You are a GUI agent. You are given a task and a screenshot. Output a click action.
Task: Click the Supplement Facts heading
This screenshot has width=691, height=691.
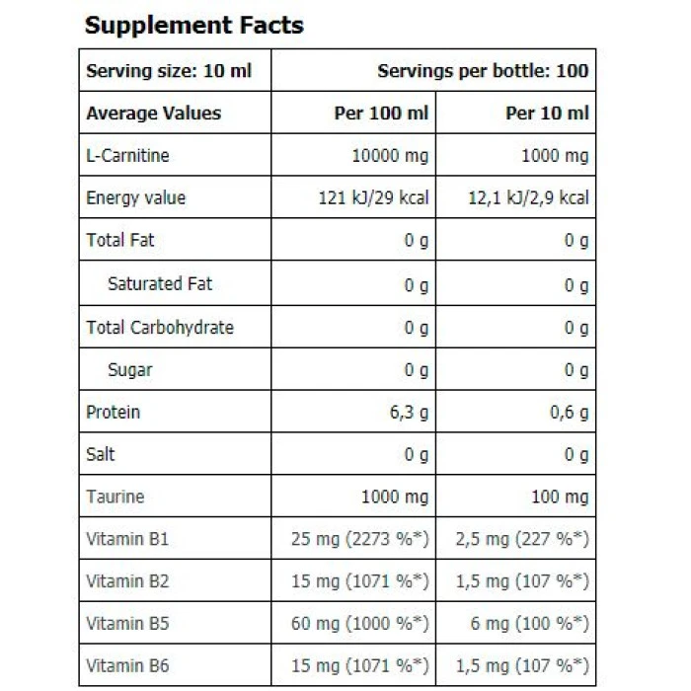[x=193, y=26]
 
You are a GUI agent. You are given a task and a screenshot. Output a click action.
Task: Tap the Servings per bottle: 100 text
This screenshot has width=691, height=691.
[x=483, y=71]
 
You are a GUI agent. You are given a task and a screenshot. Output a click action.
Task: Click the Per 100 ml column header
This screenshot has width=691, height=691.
[x=381, y=114]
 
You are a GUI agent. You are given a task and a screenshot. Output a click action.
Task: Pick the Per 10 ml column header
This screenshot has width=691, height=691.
[x=547, y=114]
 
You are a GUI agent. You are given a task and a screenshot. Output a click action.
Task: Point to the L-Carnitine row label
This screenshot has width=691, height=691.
[x=127, y=156]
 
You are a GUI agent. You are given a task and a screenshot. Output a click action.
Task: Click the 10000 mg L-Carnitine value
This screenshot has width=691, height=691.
[x=390, y=156]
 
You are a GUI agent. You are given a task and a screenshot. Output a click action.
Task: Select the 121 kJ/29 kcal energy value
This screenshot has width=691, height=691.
[x=373, y=197]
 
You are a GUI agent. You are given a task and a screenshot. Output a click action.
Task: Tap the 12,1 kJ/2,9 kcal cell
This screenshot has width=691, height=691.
[x=528, y=197]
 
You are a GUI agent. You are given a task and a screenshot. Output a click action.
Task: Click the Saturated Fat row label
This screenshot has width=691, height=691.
[x=160, y=284]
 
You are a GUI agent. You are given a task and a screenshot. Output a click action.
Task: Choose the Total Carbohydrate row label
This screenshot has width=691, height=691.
[x=160, y=327]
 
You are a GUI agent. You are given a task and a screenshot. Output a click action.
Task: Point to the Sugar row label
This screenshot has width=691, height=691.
[x=130, y=370]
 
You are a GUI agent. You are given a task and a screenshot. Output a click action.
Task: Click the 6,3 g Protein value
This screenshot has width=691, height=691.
[x=408, y=413]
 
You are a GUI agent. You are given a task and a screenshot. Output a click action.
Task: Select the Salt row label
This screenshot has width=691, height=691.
[x=101, y=454]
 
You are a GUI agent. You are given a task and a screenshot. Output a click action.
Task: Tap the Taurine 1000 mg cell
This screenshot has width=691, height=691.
[x=395, y=497]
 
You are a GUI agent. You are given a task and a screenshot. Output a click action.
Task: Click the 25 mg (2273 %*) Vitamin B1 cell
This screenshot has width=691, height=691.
[x=360, y=539]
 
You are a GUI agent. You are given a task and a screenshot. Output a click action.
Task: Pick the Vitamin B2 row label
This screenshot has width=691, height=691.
[x=127, y=581]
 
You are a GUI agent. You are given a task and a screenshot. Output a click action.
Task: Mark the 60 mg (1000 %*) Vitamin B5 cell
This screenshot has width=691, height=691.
[x=360, y=624]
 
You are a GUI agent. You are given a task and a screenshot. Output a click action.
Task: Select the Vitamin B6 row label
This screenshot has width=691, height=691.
[x=127, y=666]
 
